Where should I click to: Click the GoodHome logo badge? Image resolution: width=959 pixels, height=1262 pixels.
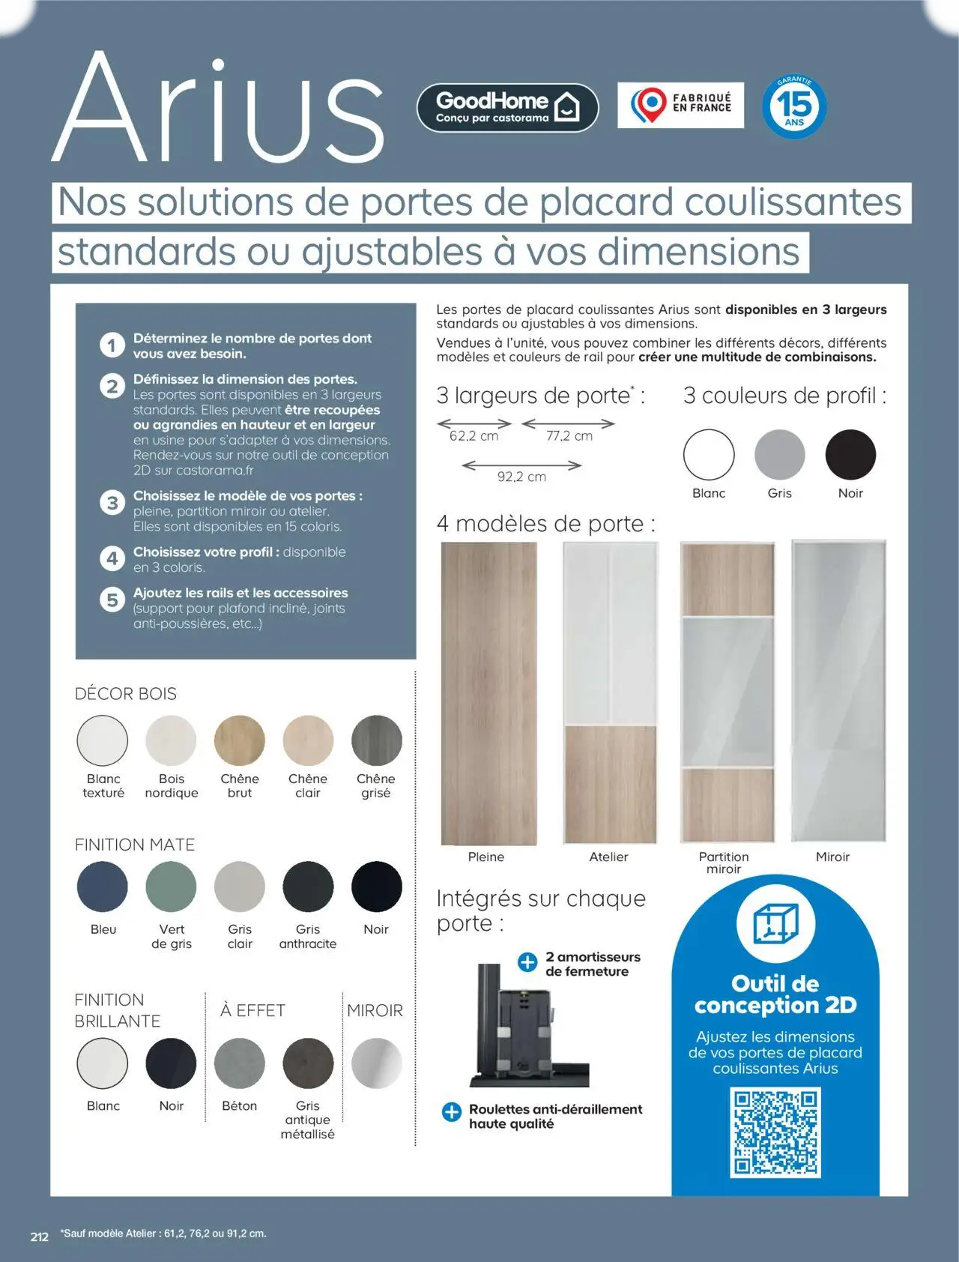click(507, 107)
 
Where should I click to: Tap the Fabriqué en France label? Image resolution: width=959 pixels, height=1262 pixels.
click(680, 105)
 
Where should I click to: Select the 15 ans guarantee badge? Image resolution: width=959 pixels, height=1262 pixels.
click(794, 106)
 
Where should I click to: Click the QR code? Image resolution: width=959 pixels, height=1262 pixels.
click(775, 1132)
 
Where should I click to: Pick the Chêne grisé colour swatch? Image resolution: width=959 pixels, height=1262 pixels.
click(376, 740)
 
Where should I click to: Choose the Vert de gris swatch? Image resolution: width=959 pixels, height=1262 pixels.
click(172, 887)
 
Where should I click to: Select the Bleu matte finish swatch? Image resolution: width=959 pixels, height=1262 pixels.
click(103, 887)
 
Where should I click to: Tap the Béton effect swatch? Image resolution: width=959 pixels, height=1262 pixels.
click(240, 1063)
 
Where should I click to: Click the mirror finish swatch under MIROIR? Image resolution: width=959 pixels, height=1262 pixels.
click(376, 1063)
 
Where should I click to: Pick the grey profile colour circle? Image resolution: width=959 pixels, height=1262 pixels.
click(779, 455)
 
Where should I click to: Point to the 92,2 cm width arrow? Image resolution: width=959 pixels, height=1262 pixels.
click(521, 465)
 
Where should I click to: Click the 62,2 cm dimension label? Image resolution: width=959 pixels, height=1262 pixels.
click(474, 436)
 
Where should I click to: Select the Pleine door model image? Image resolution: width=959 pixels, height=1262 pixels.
click(488, 692)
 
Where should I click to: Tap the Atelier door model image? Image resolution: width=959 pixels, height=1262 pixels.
click(610, 692)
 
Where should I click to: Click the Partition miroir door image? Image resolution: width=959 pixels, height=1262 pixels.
click(727, 692)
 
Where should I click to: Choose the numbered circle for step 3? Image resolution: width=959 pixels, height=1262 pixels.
click(112, 502)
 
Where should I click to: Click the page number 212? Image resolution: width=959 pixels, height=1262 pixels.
click(40, 1237)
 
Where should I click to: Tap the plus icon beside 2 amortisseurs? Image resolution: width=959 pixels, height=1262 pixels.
click(527, 962)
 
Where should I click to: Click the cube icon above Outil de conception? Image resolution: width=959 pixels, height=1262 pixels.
click(775, 923)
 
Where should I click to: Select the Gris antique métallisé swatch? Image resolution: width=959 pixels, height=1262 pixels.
click(308, 1063)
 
